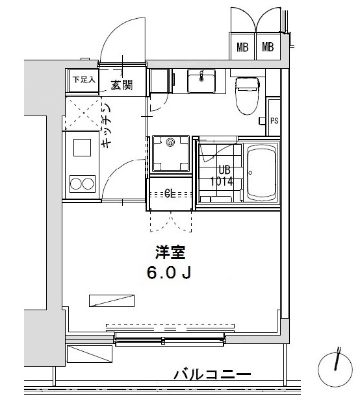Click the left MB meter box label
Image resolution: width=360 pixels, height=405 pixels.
click(242, 47)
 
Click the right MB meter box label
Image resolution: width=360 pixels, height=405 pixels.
click(268, 47)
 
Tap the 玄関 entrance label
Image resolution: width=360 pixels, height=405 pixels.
click(122, 84)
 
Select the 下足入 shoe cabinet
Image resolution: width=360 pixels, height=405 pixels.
click(84, 80)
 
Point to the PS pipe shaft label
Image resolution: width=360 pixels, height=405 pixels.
click(274, 120)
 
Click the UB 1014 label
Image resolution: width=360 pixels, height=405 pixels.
click(221, 176)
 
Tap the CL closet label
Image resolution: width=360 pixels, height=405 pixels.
click(170, 193)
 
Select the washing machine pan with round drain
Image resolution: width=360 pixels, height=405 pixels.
click(171, 154)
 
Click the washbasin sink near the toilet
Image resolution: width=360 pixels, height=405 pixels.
click(201, 81)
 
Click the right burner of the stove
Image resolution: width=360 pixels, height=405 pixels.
click(88, 184)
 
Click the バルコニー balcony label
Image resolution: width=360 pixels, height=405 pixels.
click(212, 375)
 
